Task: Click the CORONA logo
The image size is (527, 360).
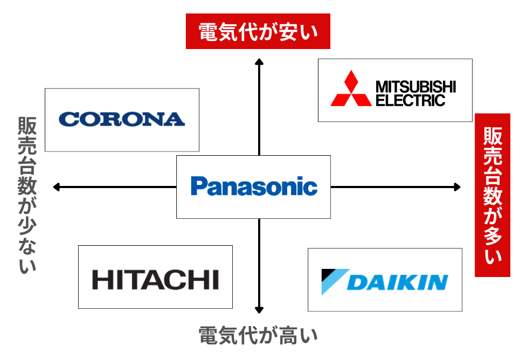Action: coord(122,119)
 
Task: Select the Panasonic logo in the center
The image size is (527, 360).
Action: coord(254,186)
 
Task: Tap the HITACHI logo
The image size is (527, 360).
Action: coord(155,280)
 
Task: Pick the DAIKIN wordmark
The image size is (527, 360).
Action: coord(398,282)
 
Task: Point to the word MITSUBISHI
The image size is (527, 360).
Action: coord(415,86)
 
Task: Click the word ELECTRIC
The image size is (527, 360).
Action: coord(410,100)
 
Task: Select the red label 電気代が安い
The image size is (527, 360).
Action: coord(258,31)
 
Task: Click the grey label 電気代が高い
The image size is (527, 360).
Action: coord(258,336)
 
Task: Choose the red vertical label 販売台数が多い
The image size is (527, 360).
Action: coord(492,195)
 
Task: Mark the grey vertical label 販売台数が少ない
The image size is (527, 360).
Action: coord(27,195)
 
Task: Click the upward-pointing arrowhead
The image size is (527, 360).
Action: coord(259,61)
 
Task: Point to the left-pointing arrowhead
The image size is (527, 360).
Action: coord(56,187)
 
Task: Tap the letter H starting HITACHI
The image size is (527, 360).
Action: coord(101,280)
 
